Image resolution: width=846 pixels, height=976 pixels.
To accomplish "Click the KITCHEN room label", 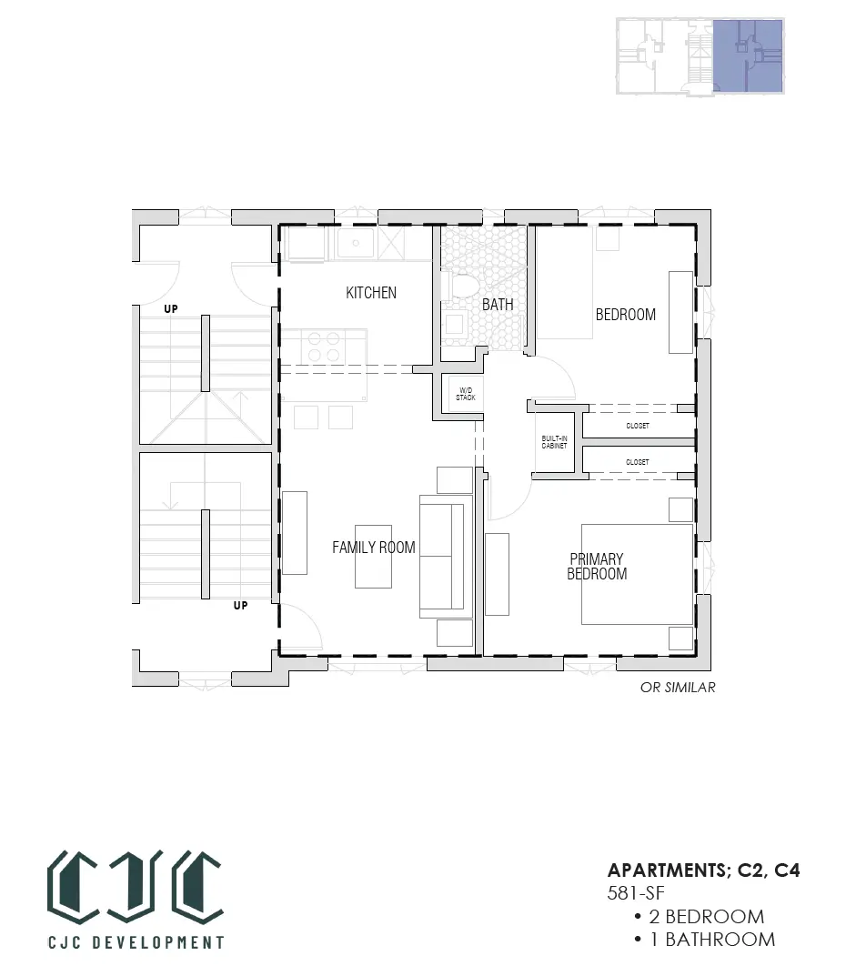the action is [371, 293].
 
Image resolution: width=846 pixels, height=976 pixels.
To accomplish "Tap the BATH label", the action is [498, 305].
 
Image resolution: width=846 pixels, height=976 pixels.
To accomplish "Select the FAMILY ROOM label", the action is [374, 548].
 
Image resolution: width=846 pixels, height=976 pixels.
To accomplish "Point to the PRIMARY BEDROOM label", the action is [597, 567].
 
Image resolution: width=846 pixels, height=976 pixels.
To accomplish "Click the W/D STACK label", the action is [466, 394].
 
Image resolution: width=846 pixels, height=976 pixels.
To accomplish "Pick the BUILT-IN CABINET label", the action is [554, 442].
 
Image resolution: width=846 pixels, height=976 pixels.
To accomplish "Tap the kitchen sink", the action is [357, 243].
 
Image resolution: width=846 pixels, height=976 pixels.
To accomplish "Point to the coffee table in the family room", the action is [374, 557].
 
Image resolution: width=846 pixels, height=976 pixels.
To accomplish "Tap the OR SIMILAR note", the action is [678, 687].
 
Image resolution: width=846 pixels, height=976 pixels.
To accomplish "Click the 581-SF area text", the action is [636, 893].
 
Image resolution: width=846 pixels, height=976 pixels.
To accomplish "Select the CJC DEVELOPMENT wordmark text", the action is [136, 942].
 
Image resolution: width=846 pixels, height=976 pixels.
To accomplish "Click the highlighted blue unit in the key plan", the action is [748, 56].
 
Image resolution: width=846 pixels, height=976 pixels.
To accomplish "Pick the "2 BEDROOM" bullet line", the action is [699, 916].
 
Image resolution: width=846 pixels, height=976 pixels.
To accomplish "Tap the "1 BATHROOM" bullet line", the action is [705, 940].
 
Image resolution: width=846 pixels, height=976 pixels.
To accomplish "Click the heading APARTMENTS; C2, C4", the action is [703, 870].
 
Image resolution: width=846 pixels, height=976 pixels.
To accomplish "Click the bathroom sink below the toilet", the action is [455, 325].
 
